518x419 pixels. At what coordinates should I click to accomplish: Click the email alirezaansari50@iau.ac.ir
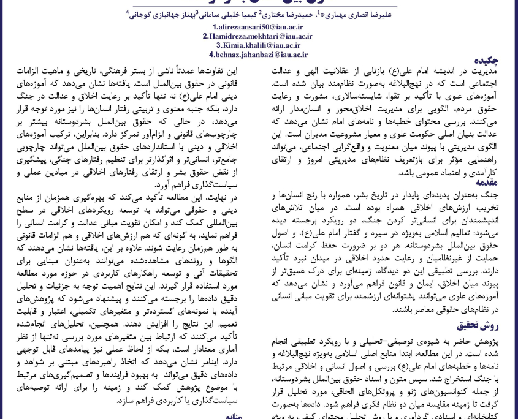click(259, 27)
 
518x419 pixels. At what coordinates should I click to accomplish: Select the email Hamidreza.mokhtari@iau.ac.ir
click(259, 36)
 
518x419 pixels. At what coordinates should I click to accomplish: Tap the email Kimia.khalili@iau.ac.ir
click(259, 45)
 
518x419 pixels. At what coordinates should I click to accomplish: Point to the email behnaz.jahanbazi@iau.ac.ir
click(259, 55)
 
